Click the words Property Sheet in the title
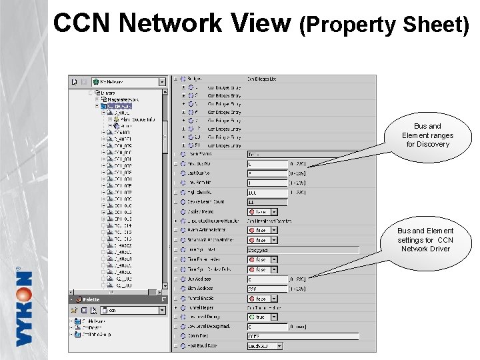coord(385,25)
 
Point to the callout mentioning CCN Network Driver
coord(425,240)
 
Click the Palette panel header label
coord(91,299)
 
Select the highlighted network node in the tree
coord(123,105)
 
